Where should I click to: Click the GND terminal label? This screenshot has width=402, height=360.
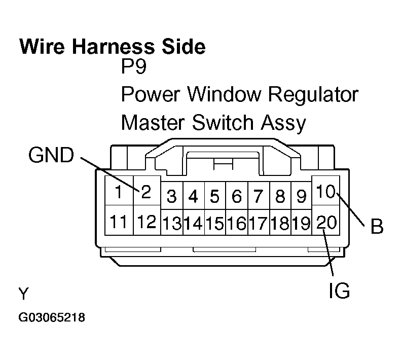tap(51, 156)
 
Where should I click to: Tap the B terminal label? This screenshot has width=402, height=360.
tap(377, 227)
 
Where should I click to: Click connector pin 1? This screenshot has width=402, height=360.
tap(118, 192)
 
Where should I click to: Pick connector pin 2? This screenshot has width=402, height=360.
tap(146, 192)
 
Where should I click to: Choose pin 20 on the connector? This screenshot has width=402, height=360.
tap(326, 222)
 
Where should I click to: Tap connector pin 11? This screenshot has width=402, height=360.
tap(118, 222)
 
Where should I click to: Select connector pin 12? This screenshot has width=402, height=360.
tap(146, 222)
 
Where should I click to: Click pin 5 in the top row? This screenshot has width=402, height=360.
tap(214, 196)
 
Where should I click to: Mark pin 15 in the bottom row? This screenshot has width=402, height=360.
tap(214, 224)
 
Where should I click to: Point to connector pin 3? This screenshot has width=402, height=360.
tap(171, 196)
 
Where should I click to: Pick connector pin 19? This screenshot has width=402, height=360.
tap(301, 224)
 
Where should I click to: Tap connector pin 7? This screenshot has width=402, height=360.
tap(258, 196)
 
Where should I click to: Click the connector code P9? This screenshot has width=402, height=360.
tap(134, 68)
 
